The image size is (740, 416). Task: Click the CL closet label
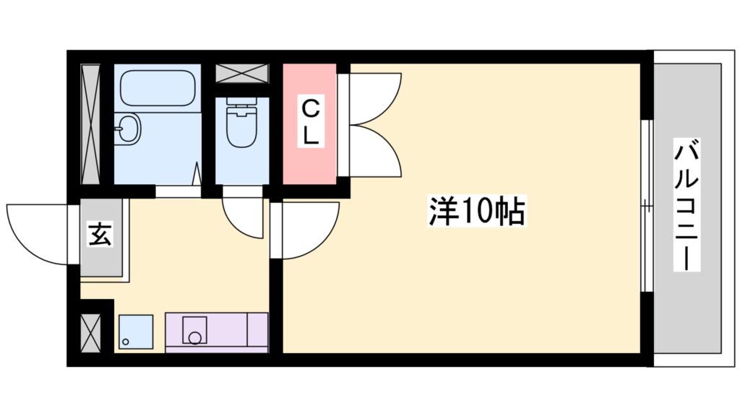click(309, 122)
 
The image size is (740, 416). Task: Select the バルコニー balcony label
click(687, 206)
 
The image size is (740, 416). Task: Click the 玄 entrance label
click(100, 235)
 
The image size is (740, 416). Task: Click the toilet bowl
click(241, 124)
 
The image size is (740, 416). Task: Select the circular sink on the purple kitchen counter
click(194, 336)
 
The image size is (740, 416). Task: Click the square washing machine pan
click(135, 331)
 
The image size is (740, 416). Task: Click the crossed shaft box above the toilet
click(242, 74)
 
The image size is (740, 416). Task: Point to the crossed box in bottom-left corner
click(91, 333)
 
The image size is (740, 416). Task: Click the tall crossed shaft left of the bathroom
click(90, 123)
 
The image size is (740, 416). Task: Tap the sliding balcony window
click(647, 207)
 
